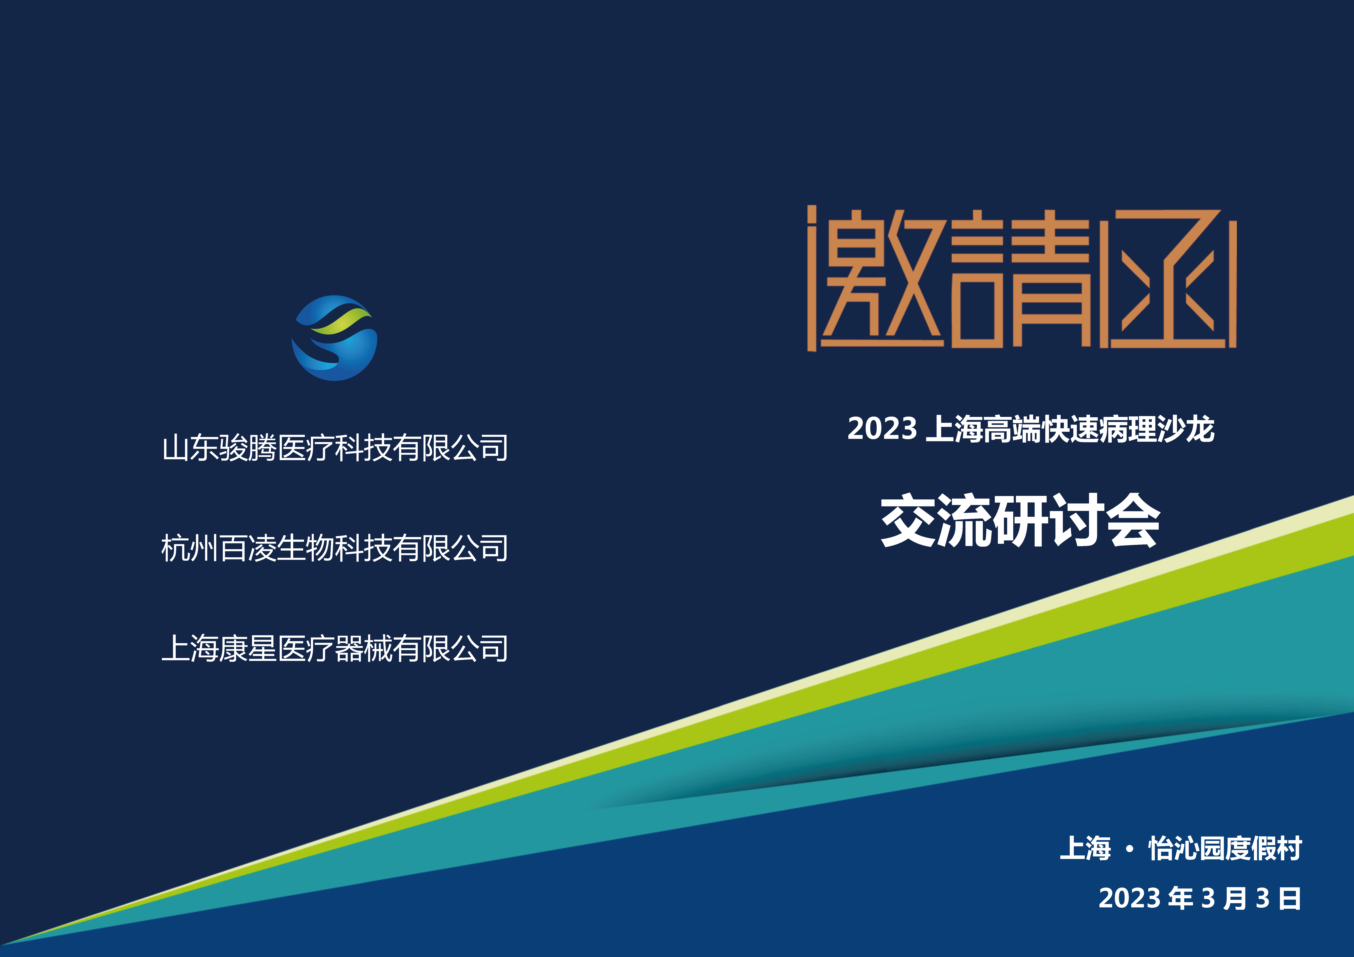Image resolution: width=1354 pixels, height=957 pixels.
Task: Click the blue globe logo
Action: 334,338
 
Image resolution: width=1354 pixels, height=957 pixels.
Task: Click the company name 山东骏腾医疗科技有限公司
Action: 334,448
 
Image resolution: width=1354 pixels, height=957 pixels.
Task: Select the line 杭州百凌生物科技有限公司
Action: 334,548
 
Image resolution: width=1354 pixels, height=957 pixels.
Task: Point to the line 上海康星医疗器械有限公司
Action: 334,648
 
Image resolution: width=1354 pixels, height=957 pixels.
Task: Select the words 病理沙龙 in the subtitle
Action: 1157,429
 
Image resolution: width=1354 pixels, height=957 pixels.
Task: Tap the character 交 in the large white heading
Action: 908,520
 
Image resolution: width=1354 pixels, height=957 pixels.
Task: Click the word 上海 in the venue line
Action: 1085,849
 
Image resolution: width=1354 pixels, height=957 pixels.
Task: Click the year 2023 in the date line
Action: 1129,898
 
